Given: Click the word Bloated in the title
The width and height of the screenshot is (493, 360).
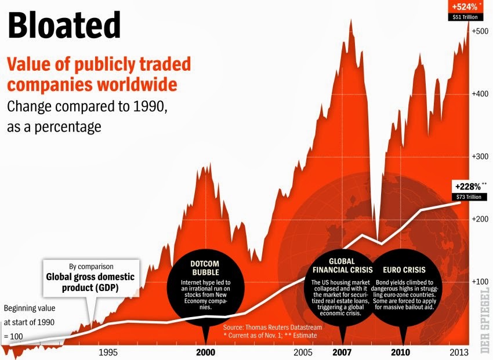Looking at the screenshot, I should pyautogui.click(x=64, y=26).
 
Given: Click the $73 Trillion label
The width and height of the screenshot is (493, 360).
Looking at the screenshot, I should pyautogui.click(x=469, y=197).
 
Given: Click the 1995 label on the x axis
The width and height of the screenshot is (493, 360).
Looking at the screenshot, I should pyautogui.click(x=109, y=352).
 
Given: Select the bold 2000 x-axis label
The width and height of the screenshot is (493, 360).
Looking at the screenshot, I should pyautogui.click(x=205, y=352).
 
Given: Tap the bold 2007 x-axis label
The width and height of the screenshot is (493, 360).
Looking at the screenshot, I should pyautogui.click(x=342, y=352).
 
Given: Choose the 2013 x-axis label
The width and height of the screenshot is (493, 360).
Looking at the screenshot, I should pyautogui.click(x=459, y=352).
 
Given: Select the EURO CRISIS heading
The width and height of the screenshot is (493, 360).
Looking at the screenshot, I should pyautogui.click(x=404, y=270).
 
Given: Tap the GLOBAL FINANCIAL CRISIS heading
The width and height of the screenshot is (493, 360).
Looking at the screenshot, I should pyautogui.click(x=342, y=265).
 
